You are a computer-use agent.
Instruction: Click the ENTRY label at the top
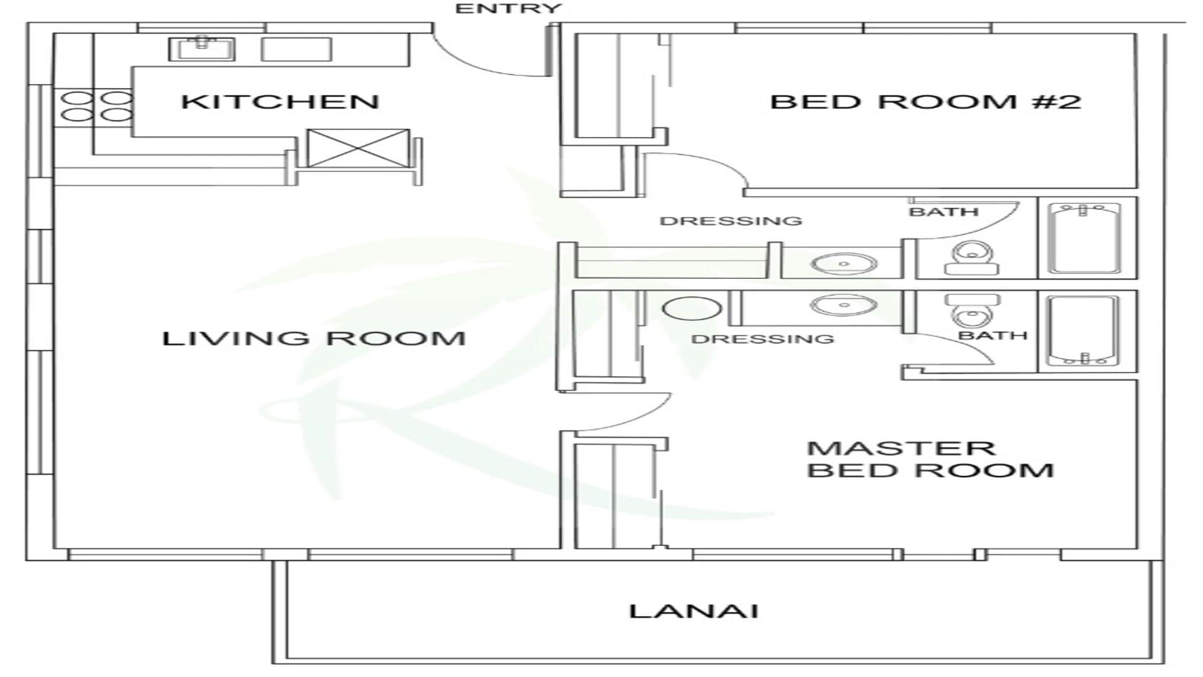click(508, 9)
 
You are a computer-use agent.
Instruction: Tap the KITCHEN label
click(280, 102)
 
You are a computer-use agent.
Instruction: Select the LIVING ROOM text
click(313, 338)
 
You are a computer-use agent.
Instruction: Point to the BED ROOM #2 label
click(925, 102)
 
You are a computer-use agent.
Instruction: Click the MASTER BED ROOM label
click(930, 459)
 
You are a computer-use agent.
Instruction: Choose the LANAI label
click(694, 611)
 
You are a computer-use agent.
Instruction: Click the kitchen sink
click(201, 48)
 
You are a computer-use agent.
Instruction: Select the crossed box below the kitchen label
click(358, 148)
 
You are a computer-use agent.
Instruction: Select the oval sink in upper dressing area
click(843, 264)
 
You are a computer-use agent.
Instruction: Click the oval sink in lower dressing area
click(843, 306)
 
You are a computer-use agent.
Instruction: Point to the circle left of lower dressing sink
click(692, 308)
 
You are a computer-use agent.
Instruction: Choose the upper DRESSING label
click(731, 221)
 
